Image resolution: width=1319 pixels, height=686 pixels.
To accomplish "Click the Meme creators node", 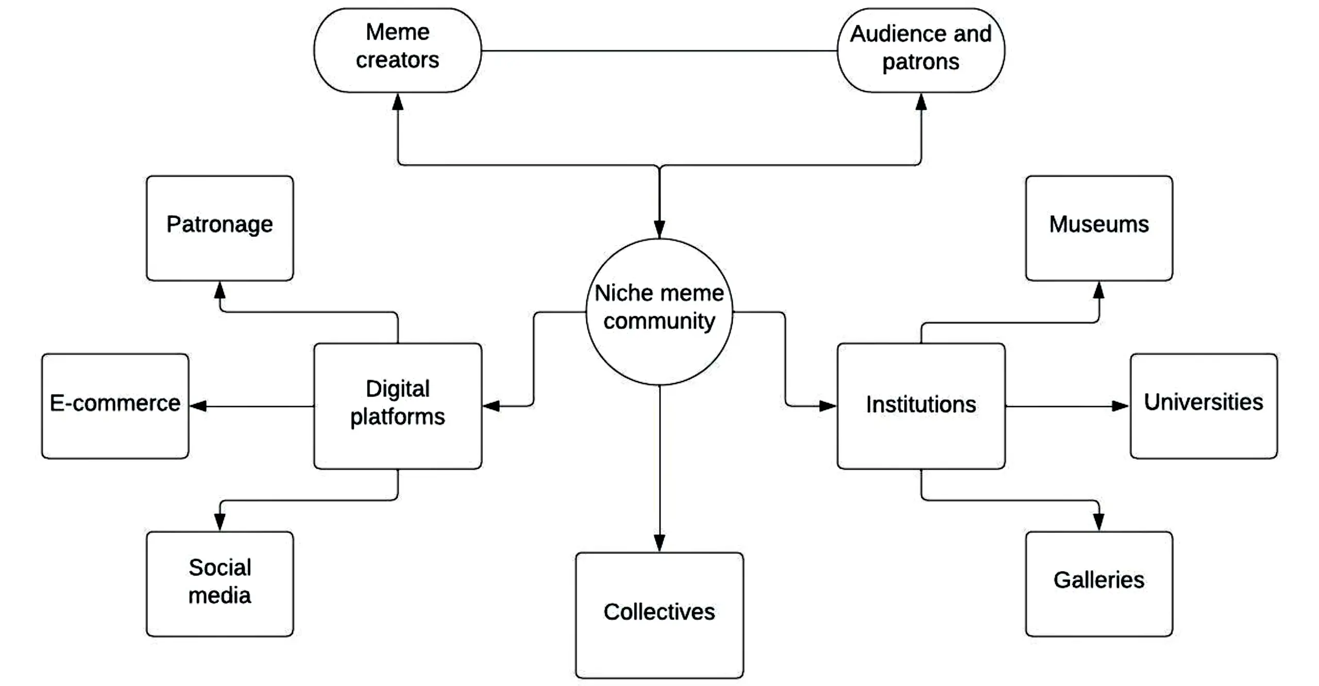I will (397, 50).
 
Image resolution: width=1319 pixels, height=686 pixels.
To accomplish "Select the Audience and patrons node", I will (921, 50).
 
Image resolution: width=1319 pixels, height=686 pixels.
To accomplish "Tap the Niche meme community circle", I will (659, 312).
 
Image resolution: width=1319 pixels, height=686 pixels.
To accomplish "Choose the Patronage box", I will (219, 228).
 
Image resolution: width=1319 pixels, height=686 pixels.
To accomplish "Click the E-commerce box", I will (115, 406).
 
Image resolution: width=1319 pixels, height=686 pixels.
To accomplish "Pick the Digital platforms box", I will (397, 406).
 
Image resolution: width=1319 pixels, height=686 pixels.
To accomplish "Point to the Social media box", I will (219, 584).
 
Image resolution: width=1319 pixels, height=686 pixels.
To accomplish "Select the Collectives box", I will (659, 615).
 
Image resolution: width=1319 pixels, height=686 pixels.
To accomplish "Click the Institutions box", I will (921, 406).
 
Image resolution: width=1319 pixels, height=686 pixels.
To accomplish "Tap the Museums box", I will (1098, 228).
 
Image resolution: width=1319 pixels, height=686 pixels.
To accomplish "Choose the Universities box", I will (1203, 406).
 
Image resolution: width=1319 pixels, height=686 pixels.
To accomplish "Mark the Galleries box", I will (1098, 584).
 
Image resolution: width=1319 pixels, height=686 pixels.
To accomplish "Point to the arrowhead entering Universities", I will (1120, 406).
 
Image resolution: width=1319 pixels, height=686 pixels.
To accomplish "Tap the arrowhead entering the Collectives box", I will (659, 543).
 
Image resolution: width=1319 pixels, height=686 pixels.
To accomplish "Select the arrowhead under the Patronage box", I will (220, 290).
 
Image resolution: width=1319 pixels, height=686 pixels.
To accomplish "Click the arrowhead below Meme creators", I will (398, 102).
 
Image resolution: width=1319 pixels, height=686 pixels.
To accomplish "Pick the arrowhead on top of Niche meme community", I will (659, 229).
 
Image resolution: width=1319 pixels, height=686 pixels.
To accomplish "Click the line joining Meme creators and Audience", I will (659, 51).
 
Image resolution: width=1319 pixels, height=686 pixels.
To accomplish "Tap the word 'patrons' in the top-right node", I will (921, 62).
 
